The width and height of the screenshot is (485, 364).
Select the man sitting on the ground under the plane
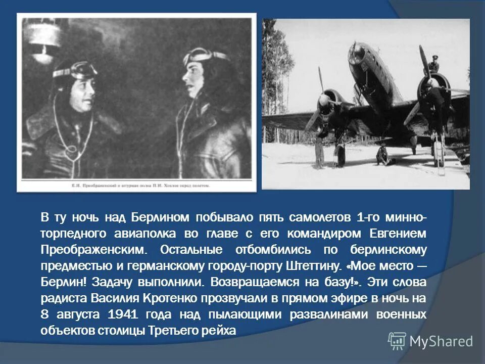[383, 156]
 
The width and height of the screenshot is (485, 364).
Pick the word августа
[75, 314]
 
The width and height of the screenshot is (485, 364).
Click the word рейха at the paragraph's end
[220, 330]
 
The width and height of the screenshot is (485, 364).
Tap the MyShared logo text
[441, 341]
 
